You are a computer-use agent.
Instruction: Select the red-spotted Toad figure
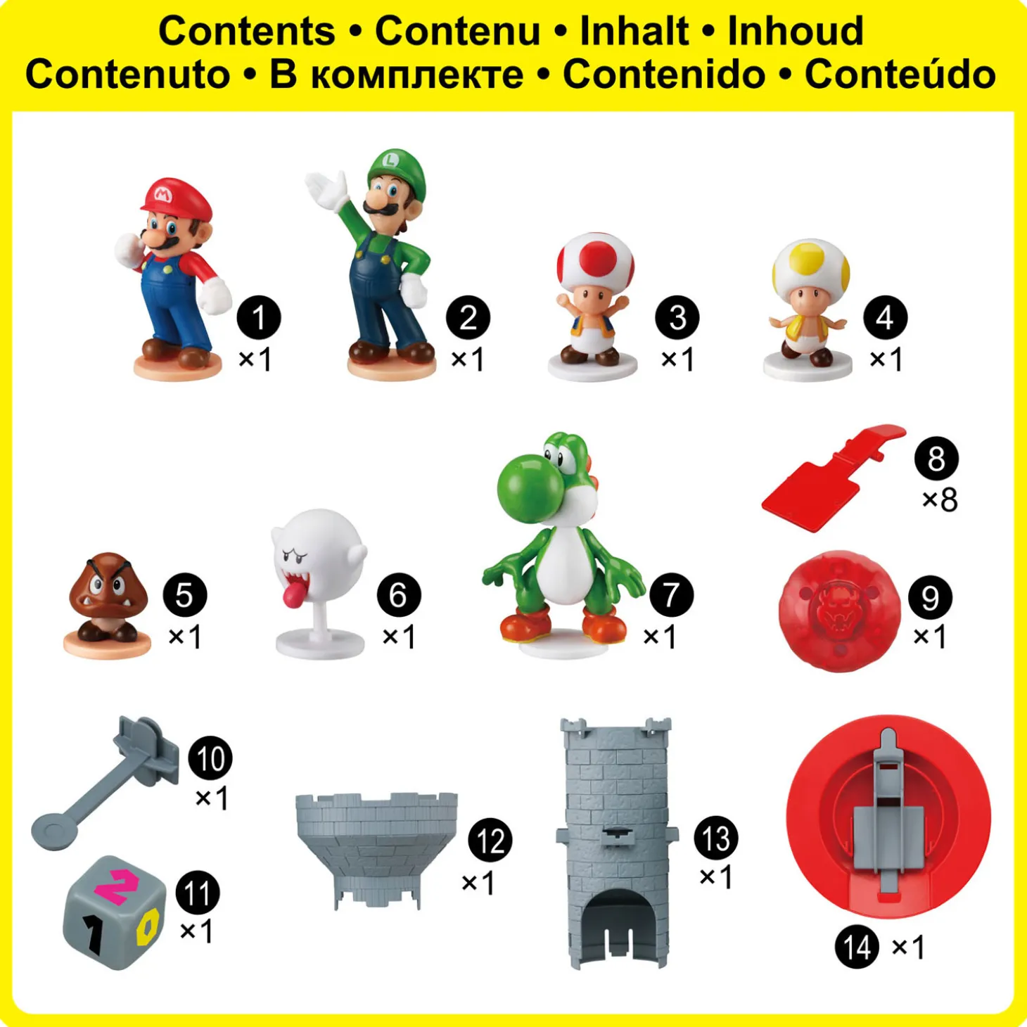tap(593, 306)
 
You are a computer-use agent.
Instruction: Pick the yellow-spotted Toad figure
tap(808, 309)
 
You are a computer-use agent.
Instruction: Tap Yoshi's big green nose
tap(523, 487)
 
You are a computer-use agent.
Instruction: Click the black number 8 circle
tap(936, 459)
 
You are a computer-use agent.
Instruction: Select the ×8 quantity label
tap(940, 500)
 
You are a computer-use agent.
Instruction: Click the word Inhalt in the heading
tap(634, 31)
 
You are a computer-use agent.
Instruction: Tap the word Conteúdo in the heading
tap(900, 74)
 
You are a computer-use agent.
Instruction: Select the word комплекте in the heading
tap(416, 76)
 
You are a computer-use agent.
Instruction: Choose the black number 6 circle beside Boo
tap(399, 595)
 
